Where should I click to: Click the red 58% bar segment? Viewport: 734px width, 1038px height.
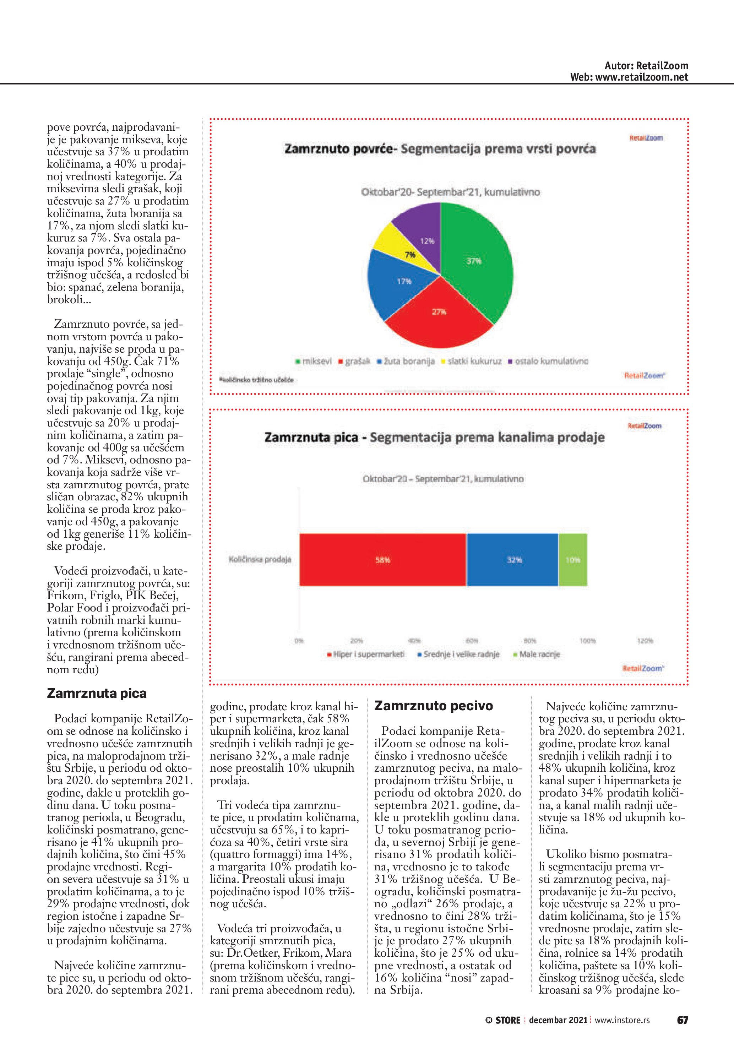pyautogui.click(x=382, y=560)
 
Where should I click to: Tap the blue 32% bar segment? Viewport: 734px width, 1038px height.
pyautogui.click(x=513, y=560)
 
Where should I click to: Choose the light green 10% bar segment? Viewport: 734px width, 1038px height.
pyautogui.click(x=573, y=560)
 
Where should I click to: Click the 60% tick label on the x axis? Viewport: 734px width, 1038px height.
pyautogui.click(x=472, y=641)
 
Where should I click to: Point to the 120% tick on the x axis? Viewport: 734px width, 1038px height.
pyautogui.click(x=645, y=641)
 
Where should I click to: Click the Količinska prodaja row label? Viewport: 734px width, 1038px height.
pyautogui.click(x=260, y=560)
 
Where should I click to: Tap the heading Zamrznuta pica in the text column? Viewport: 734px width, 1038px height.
pyautogui.click(x=97, y=694)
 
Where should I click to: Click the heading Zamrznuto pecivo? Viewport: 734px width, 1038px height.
pyautogui.click(x=434, y=706)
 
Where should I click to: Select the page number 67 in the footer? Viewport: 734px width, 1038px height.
pyautogui.click(x=682, y=1020)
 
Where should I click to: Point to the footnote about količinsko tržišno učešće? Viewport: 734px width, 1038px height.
pyautogui.click(x=256, y=380)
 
